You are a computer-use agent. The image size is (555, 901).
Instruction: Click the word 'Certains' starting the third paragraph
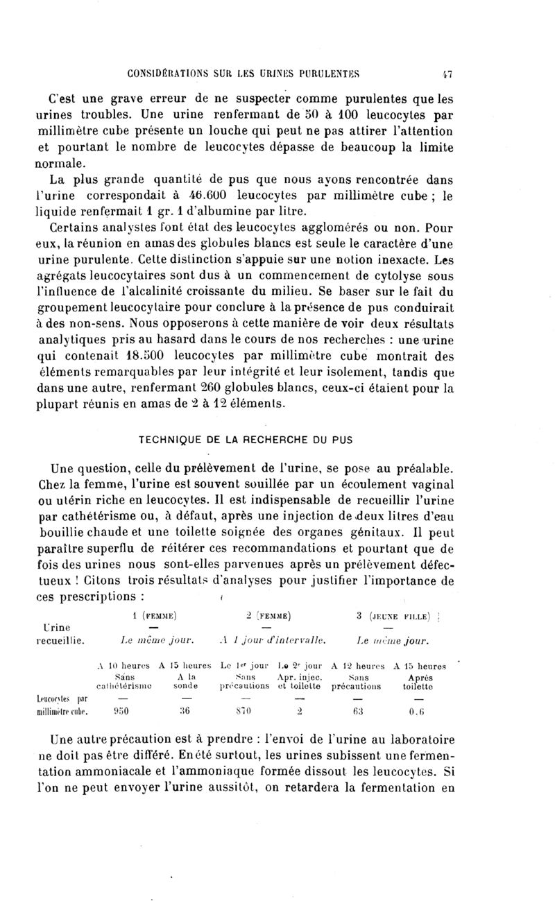tap(74, 228)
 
